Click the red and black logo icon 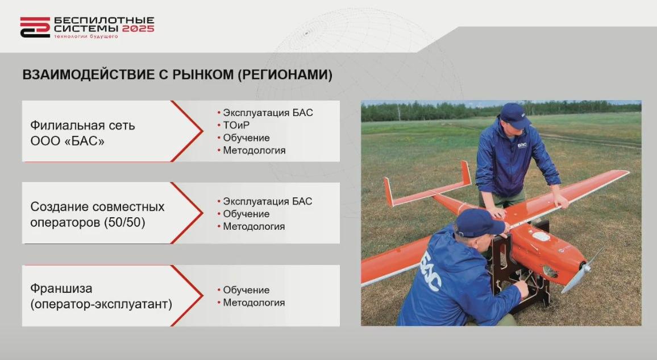35,27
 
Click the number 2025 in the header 138,28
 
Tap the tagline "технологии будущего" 86,36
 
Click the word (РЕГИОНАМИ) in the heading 285,75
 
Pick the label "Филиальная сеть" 82,125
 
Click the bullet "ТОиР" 236,125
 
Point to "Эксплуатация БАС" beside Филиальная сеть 268,113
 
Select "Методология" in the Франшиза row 253,303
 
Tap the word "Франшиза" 61,288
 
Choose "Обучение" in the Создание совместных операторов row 246,214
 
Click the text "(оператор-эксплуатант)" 101,304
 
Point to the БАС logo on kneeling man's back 431,271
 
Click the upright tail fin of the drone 466,173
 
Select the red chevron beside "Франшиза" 187,296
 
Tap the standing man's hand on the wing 561,202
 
